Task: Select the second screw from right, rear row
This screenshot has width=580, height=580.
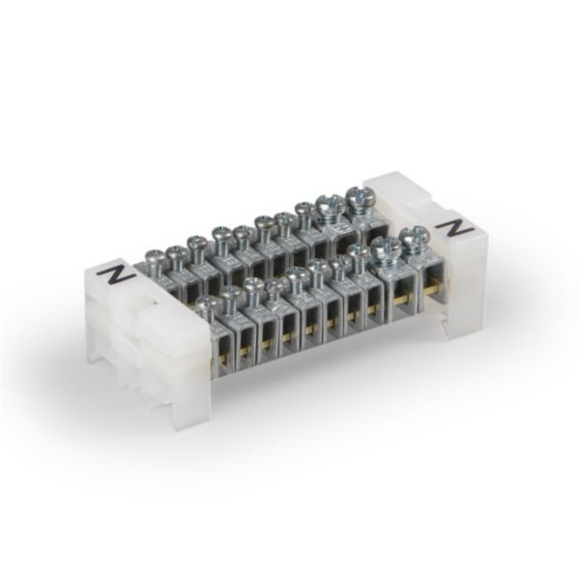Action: (328, 207)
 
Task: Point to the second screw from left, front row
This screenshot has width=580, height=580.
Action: (230, 295)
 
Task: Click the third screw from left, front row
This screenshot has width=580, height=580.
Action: (252, 287)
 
